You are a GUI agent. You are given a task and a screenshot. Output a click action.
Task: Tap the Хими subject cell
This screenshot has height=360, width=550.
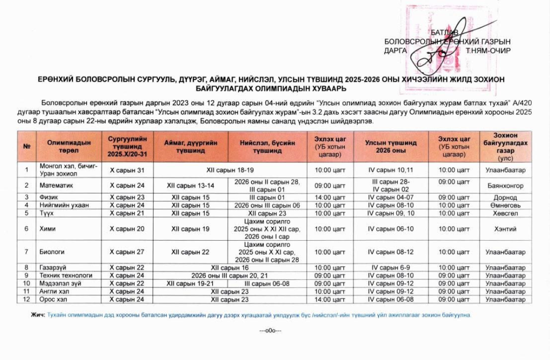click(x=47, y=229)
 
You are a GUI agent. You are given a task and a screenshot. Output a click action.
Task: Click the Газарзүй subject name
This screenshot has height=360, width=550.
click(x=53, y=268)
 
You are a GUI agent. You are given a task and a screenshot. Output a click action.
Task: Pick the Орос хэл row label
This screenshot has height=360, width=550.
click(x=53, y=299)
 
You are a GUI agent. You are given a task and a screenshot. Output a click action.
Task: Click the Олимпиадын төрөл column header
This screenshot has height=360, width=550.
click(x=69, y=146)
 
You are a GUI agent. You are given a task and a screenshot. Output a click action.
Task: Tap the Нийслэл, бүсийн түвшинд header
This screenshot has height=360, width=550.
click(x=267, y=147)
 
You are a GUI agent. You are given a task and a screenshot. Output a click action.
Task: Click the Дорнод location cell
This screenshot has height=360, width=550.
click(x=505, y=197)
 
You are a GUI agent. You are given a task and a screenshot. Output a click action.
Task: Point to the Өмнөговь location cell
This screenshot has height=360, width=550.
click(x=505, y=205)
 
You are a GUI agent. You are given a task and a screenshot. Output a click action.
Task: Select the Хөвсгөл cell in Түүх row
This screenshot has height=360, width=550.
click(x=505, y=213)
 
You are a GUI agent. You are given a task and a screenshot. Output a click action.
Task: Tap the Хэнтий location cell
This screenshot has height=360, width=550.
click(x=505, y=229)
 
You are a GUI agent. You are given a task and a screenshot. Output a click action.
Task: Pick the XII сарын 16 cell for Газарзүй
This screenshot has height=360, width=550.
click(x=229, y=268)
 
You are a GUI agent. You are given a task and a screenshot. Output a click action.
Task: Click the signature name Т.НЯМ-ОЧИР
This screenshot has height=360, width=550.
click(x=488, y=51)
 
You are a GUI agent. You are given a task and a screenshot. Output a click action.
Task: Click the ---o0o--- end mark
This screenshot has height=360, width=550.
click(x=270, y=330)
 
